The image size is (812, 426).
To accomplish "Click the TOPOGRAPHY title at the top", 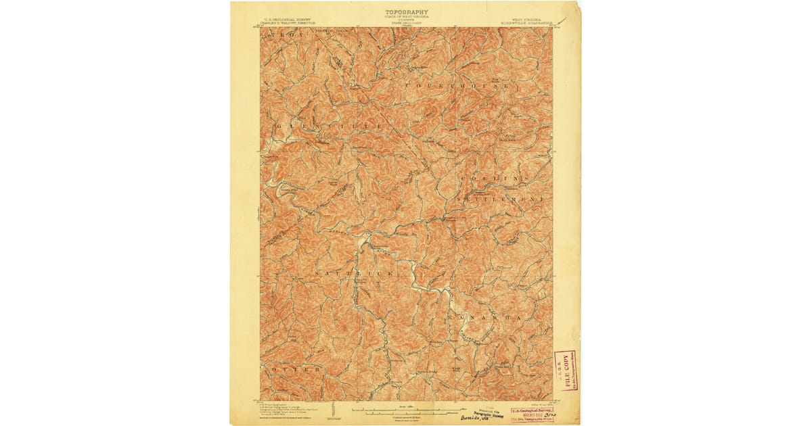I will coord(407,12).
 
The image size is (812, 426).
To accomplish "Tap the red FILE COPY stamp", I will coord(565,371).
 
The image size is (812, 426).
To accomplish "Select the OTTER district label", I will coord(293,370).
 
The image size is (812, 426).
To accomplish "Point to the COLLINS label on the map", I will coord(493,178).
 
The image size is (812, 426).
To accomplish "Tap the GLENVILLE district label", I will coord(330,126).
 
